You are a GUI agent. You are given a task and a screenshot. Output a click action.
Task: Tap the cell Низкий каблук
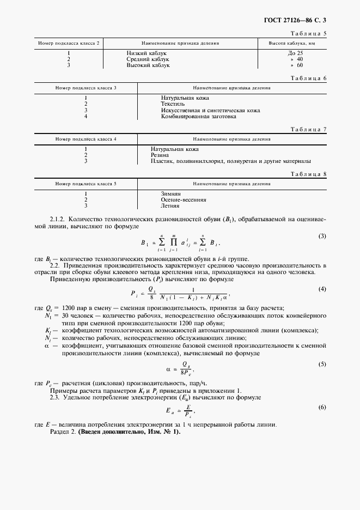pyautogui.click(x=146, y=53)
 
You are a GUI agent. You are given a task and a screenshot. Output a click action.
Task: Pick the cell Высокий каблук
pyautogui.click(x=148, y=65)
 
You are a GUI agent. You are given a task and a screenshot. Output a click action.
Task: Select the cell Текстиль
pyautogui.click(x=173, y=104)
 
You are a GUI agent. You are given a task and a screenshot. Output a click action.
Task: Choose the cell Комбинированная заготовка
pyautogui.click(x=198, y=116)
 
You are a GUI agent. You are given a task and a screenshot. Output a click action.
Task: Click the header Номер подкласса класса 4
pyautogui.click(x=86, y=139)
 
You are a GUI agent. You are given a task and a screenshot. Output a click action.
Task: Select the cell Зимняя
pyautogui.click(x=171, y=194)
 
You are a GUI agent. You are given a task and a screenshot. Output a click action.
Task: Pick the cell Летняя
pyautogui.click(x=170, y=206)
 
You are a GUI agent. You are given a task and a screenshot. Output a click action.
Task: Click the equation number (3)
pyautogui.click(x=322, y=235)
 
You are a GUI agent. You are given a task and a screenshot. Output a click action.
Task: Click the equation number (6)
pyautogui.click(x=322, y=407)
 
